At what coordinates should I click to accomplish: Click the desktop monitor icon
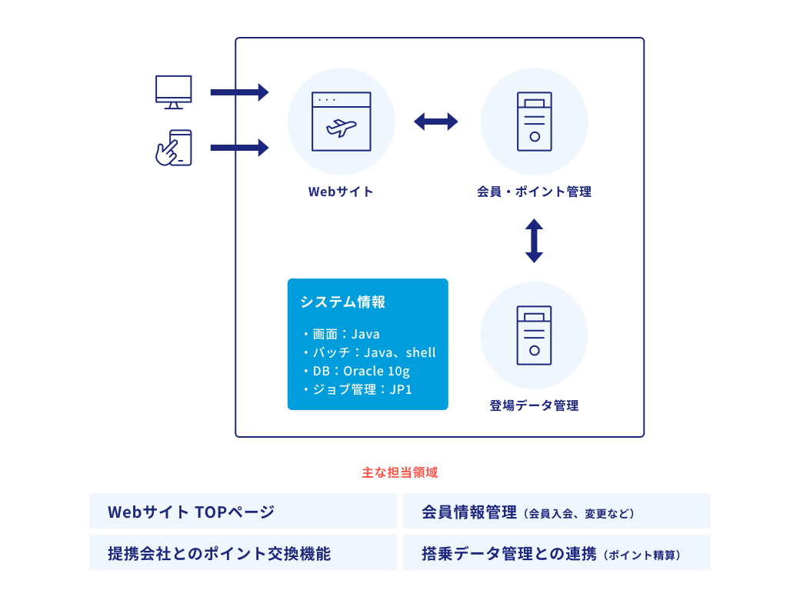173,92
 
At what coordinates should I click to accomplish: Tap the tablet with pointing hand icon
174,148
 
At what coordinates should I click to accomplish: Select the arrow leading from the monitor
239,92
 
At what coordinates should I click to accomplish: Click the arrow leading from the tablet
239,148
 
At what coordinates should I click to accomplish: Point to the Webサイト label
341,192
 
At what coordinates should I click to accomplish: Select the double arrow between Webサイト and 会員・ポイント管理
436,122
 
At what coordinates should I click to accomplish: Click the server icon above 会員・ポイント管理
534,122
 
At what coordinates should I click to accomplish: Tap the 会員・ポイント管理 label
534,192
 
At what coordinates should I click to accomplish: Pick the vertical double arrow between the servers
534,241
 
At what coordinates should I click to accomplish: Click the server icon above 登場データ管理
534,335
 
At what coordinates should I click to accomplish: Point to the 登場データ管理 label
534,405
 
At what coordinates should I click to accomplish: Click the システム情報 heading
342,302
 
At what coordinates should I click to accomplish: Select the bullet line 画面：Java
342,334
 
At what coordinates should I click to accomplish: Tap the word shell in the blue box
421,352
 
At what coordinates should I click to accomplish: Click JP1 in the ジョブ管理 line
401,389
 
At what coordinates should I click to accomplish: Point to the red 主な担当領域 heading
399,472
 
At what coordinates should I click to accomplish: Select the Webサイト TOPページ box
243,512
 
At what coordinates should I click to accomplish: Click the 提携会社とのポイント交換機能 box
243,553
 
